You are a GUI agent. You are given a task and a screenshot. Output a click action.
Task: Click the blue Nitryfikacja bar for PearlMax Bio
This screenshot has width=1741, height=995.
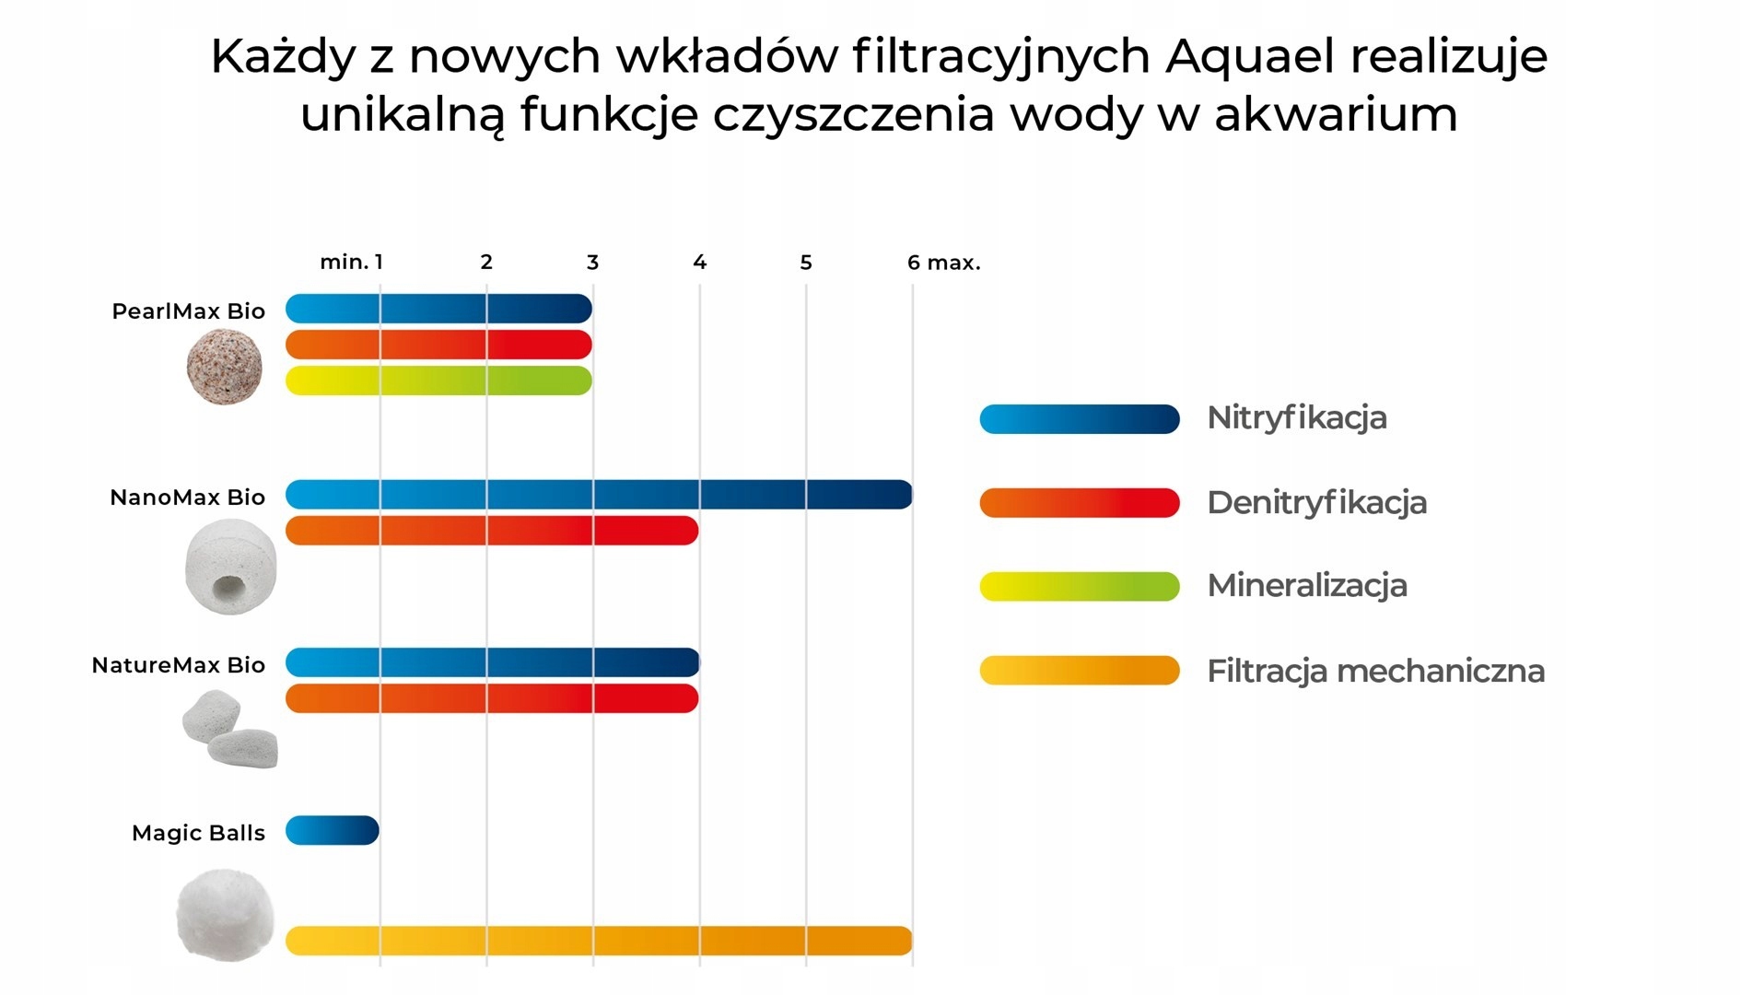pos(438,309)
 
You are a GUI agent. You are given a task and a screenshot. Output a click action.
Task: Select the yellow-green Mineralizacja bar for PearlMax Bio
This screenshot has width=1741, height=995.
pos(438,380)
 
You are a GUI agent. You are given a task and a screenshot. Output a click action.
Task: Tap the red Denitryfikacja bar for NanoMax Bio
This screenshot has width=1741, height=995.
pos(492,531)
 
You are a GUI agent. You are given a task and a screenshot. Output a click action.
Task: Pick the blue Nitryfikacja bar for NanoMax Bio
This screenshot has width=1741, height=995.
pos(599,495)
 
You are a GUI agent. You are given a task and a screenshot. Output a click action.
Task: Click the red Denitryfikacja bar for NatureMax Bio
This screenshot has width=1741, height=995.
pos(492,698)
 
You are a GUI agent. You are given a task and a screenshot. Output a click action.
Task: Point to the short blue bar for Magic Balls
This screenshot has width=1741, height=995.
pos(333,830)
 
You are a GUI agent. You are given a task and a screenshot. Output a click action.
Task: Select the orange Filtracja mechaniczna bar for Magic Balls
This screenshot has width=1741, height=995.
pos(599,941)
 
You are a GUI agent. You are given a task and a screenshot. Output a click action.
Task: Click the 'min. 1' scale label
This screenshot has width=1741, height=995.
pos(351,263)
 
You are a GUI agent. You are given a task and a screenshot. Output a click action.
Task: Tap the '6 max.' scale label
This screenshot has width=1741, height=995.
pos(943,263)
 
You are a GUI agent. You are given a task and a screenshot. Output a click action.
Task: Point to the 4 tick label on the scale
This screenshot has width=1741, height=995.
pos(699,263)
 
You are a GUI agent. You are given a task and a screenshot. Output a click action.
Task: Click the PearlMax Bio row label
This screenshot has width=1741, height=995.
pos(188,311)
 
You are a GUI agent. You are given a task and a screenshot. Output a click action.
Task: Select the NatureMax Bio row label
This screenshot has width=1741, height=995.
pos(178,665)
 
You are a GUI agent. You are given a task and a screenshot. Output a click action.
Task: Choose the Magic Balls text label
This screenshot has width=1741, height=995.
pos(198,833)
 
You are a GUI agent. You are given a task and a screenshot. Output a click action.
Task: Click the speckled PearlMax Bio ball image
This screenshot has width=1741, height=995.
pos(224,368)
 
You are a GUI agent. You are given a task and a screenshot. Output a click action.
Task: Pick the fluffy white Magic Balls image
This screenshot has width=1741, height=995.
pos(226,915)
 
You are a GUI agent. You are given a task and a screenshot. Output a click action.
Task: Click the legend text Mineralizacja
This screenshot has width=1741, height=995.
pos(1306,586)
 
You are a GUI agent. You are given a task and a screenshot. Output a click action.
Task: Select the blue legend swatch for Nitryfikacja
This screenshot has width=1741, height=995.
pos(1079,419)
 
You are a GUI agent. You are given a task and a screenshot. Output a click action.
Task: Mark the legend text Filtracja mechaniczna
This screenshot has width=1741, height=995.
pos(1375,671)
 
